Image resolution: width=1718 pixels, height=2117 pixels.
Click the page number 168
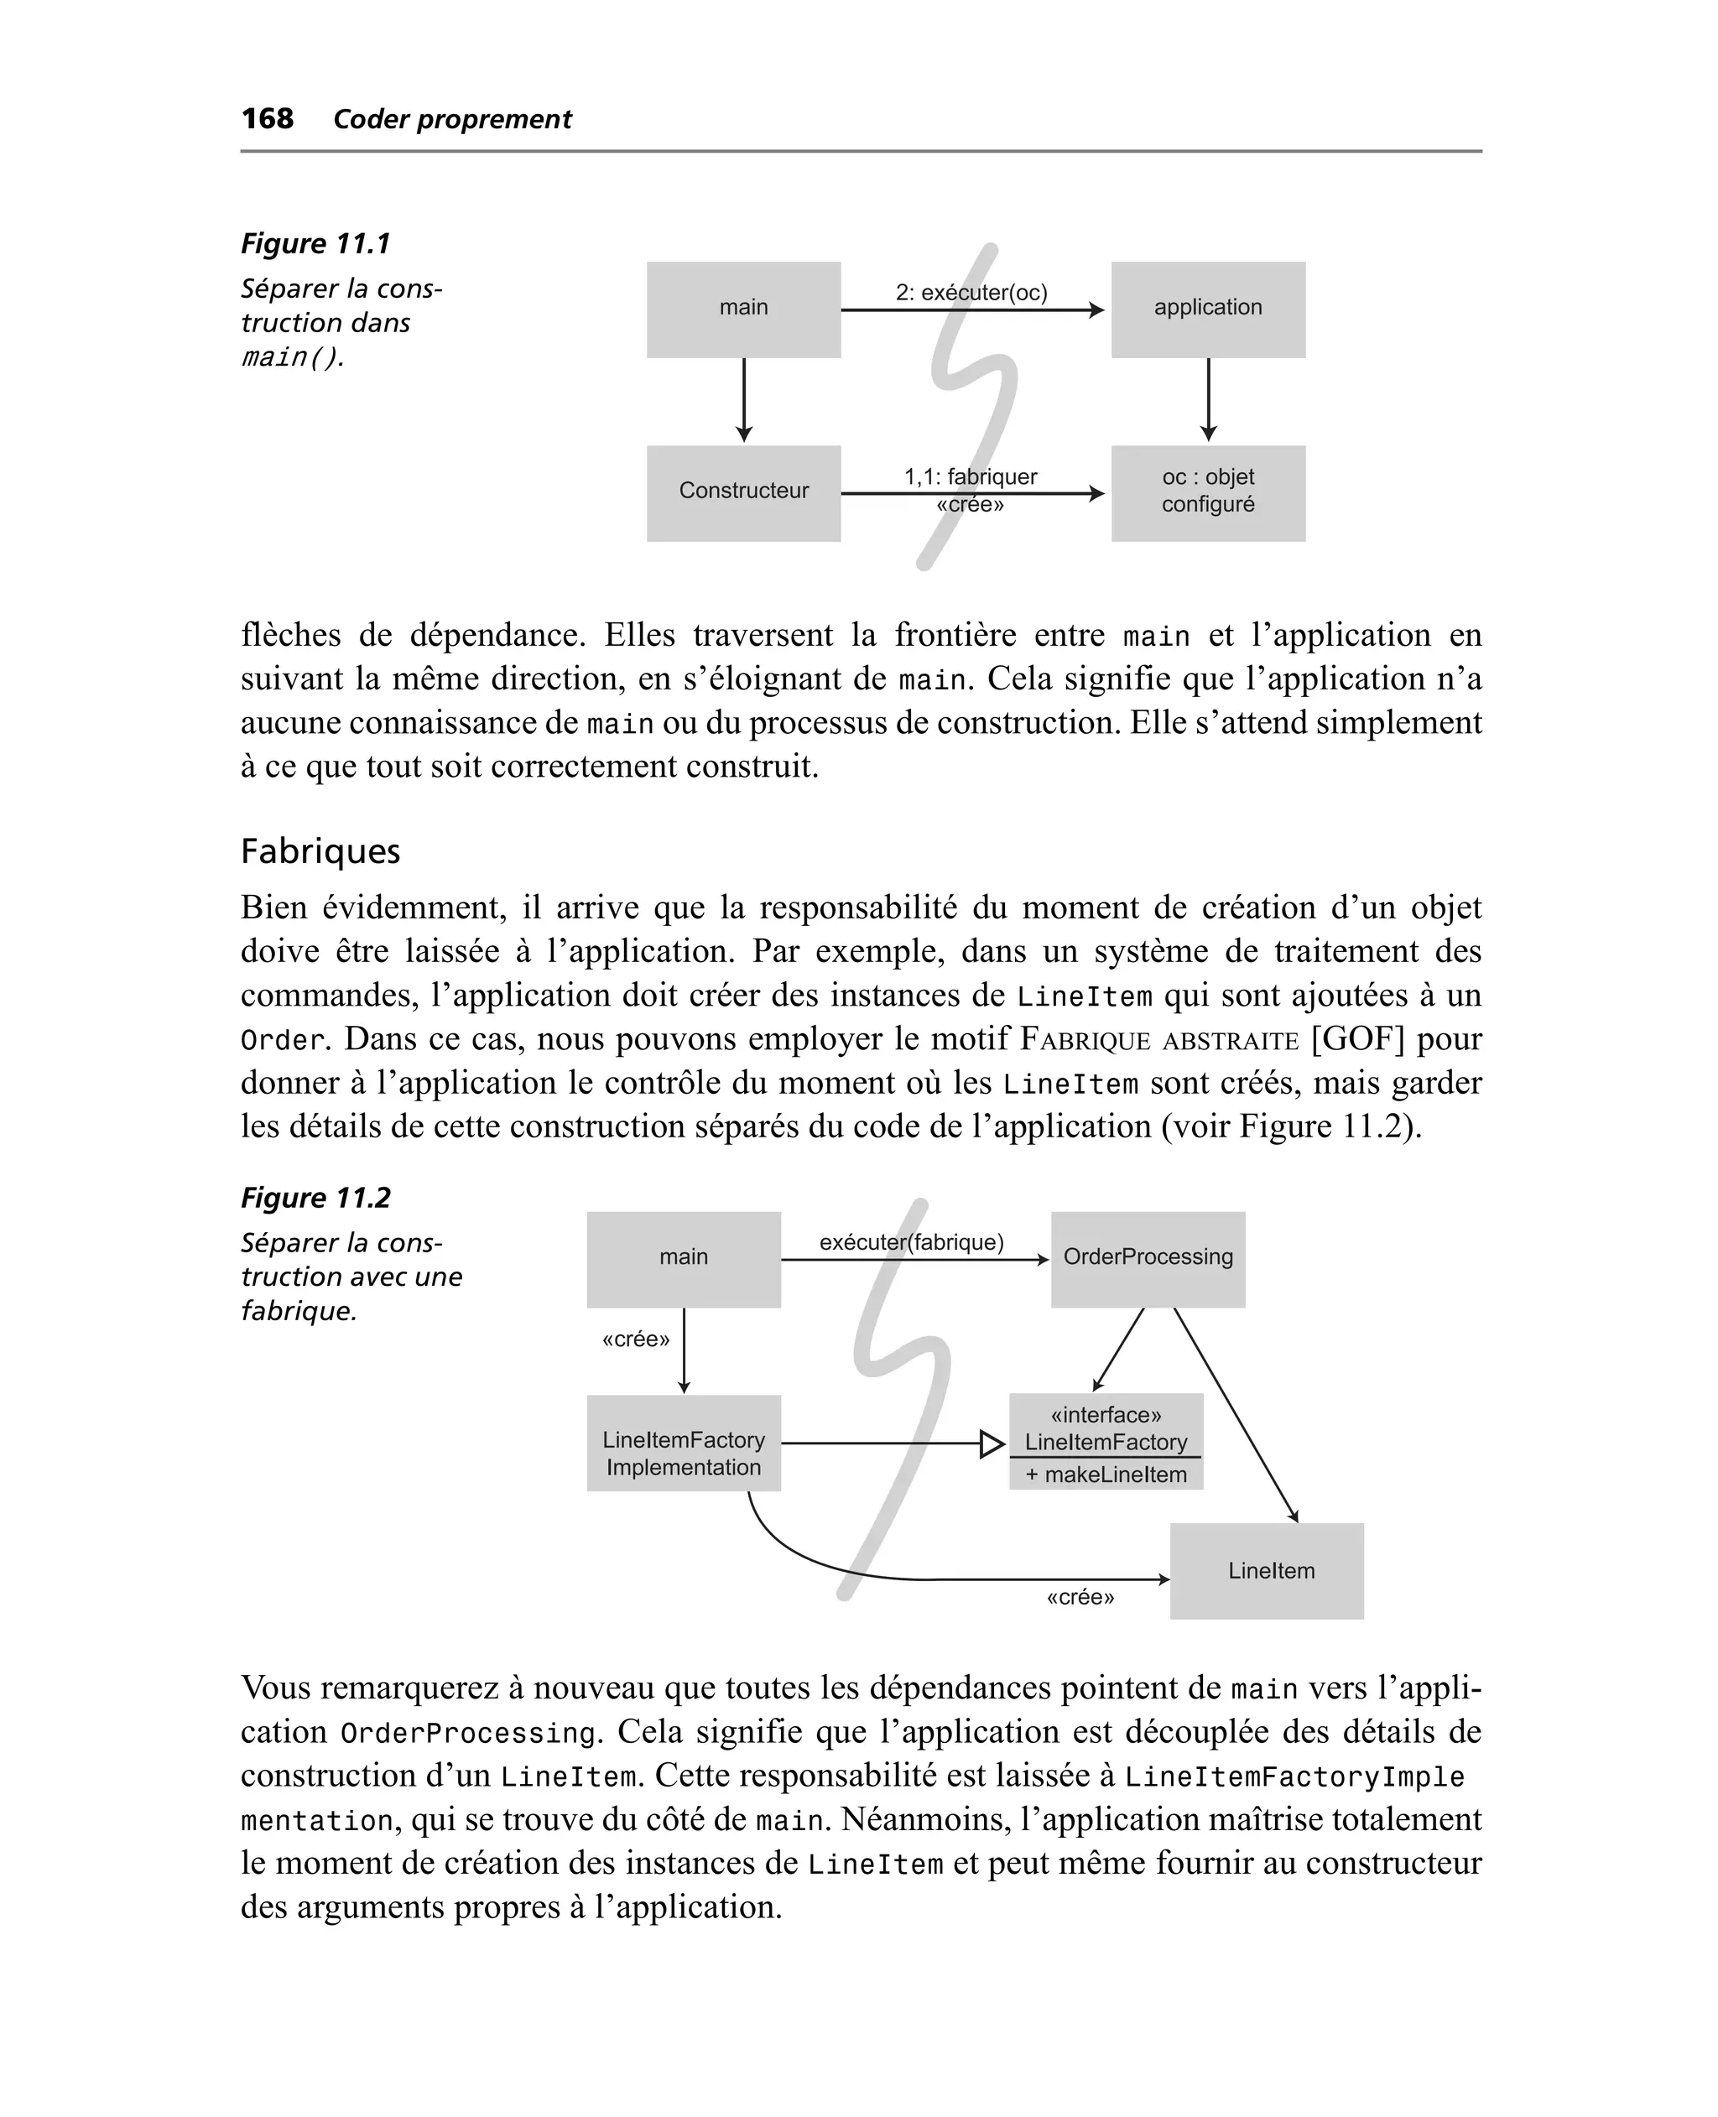click(268, 119)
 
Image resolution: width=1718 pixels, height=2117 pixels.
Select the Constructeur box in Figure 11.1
click(743, 492)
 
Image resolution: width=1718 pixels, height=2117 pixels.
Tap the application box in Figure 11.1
click(1207, 309)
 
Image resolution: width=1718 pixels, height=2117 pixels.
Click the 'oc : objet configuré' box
click(1207, 492)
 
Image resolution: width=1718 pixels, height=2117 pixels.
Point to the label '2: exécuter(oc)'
click(971, 292)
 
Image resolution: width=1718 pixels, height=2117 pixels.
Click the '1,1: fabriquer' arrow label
click(970, 476)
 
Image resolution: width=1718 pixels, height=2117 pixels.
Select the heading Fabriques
click(320, 851)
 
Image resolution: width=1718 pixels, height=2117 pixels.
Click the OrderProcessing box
click(1148, 1258)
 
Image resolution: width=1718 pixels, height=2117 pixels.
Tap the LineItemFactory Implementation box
click(683, 1443)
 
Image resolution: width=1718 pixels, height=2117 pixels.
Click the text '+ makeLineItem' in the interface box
click(1106, 1475)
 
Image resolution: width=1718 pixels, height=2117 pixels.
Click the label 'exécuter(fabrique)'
click(912, 1242)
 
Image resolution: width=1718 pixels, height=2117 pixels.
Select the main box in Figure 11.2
click(683, 1258)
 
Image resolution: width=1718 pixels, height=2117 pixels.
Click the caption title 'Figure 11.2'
click(315, 1198)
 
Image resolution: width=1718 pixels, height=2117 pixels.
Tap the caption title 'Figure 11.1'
click(315, 243)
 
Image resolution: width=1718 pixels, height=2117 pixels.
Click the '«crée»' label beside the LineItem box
click(1080, 1598)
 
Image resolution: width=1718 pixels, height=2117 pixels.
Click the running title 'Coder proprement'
click(452, 120)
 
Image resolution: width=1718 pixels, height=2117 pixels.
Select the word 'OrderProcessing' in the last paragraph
click(468, 1735)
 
